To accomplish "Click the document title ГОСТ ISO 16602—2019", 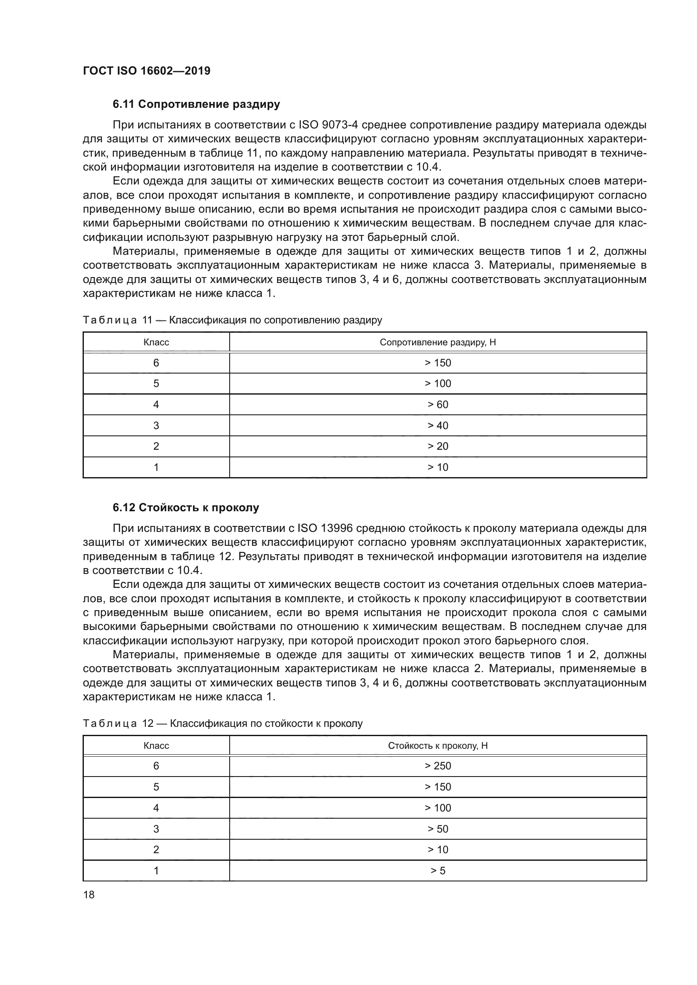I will point(146,71).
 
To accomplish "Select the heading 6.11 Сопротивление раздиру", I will point(196,104).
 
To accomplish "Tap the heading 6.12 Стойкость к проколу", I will point(186,507).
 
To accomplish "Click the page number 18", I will point(89,894).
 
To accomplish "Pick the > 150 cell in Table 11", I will point(438,363).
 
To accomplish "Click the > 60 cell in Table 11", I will point(438,405).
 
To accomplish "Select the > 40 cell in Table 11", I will point(438,426).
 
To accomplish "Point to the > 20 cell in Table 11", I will point(438,446).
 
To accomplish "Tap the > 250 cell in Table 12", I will point(438,766).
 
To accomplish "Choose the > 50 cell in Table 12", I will point(438,829).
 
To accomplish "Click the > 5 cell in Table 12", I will point(438,870).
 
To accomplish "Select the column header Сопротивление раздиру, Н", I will point(438,342).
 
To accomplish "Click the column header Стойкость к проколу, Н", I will point(438,746).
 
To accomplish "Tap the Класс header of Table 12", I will point(156,746).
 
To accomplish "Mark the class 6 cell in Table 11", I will point(156,363).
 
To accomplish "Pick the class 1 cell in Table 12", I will point(156,870).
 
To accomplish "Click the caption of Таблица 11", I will point(232,320).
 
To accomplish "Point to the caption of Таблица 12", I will point(223,723).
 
